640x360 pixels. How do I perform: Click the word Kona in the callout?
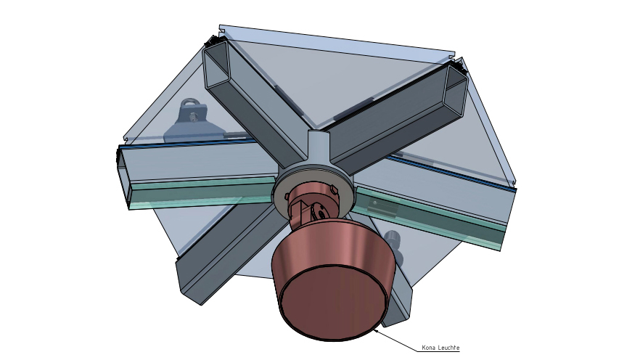click(x=428, y=348)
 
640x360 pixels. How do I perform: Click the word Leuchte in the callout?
click(x=448, y=348)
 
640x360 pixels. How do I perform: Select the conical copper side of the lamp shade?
click(x=332, y=245)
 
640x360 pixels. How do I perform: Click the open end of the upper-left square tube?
click(x=216, y=65)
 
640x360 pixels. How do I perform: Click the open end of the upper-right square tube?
click(x=456, y=89)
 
